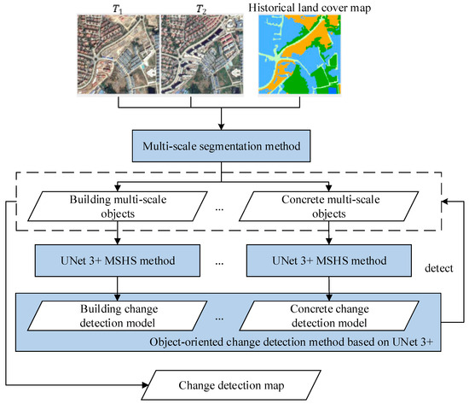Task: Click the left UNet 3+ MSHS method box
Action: tap(119, 260)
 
